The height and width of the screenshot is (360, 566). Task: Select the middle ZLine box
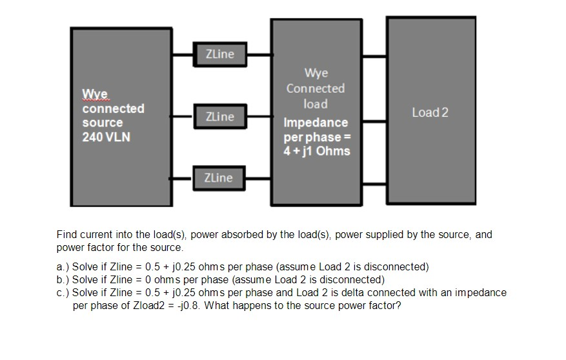(x=219, y=117)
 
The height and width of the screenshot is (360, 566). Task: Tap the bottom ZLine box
(x=219, y=177)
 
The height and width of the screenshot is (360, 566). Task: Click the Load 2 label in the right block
(x=430, y=113)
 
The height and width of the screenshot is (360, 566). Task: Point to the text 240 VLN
(x=106, y=137)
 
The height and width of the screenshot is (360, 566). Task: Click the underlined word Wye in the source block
(x=94, y=95)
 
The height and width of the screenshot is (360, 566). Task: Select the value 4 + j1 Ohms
(x=317, y=151)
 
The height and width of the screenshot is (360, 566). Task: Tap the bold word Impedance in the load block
(x=316, y=123)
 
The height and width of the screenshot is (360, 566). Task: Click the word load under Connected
(x=316, y=104)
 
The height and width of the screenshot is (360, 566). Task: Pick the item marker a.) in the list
(x=63, y=266)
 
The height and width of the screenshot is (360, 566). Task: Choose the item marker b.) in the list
(x=63, y=279)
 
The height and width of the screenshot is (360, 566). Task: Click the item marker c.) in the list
(x=63, y=292)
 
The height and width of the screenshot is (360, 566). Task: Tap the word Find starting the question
(x=67, y=234)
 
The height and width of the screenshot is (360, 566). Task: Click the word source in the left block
(x=103, y=123)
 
